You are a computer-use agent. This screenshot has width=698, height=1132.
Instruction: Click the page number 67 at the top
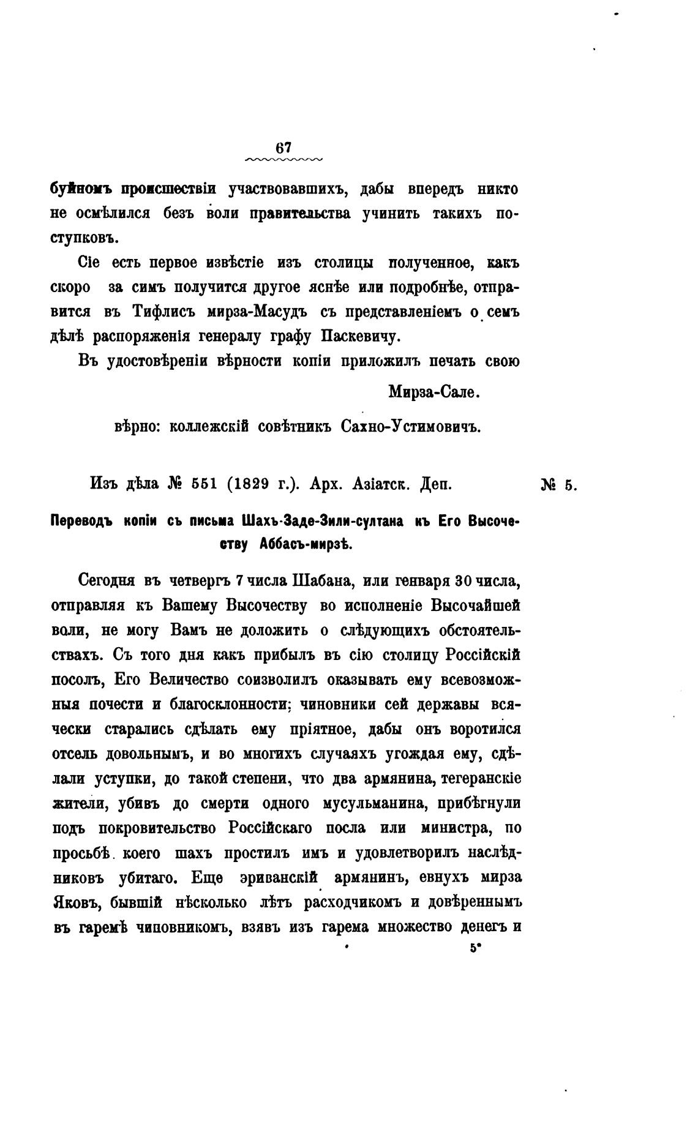coord(283,149)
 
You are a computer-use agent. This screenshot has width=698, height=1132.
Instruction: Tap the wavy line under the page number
coord(283,160)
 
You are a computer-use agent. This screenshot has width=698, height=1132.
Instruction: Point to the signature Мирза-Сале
coord(434,392)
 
